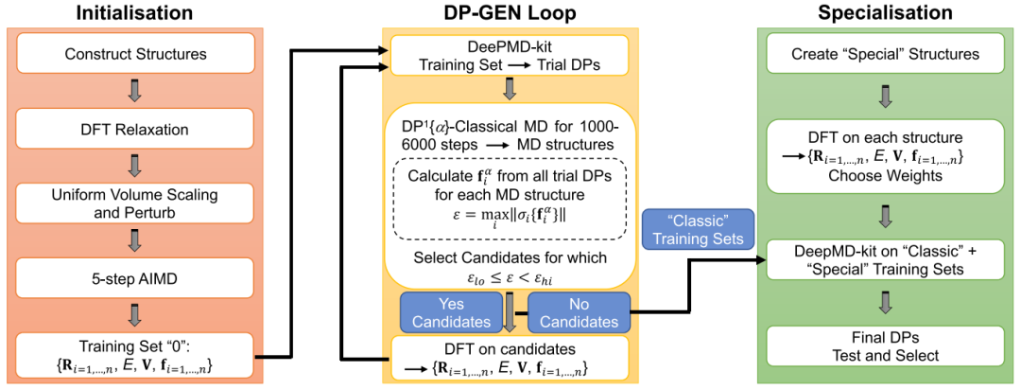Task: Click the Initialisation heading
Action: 135,13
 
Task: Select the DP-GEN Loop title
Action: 511,13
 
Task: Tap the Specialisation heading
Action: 885,13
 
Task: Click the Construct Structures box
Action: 135,54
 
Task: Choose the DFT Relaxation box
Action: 135,129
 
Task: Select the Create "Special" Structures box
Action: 885,54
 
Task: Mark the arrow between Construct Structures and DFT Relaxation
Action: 135,91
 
